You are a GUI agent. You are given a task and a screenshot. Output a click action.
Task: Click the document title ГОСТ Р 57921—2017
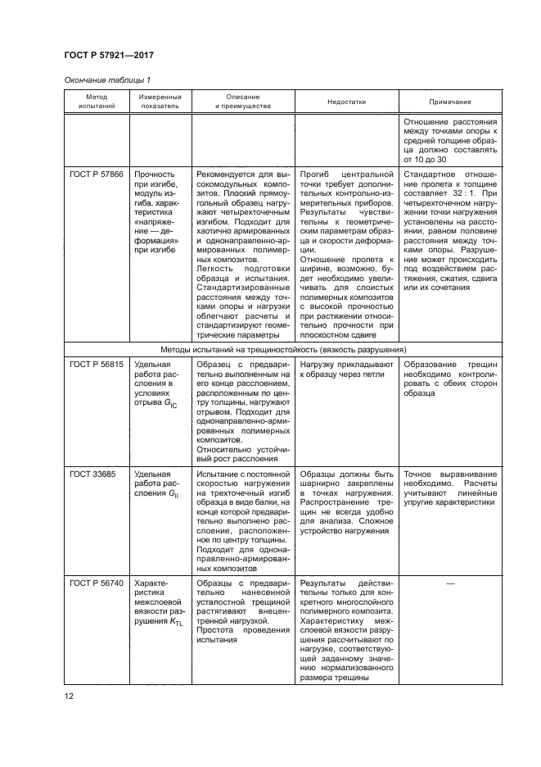[108, 56]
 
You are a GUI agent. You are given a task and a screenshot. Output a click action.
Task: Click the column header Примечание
[450, 102]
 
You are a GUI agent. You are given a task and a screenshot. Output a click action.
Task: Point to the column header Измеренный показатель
[159, 102]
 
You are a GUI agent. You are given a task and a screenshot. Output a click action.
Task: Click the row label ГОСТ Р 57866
[97, 175]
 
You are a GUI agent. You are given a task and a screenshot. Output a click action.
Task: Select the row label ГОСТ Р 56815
[97, 363]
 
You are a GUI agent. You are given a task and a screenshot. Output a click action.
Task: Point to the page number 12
[70, 697]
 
